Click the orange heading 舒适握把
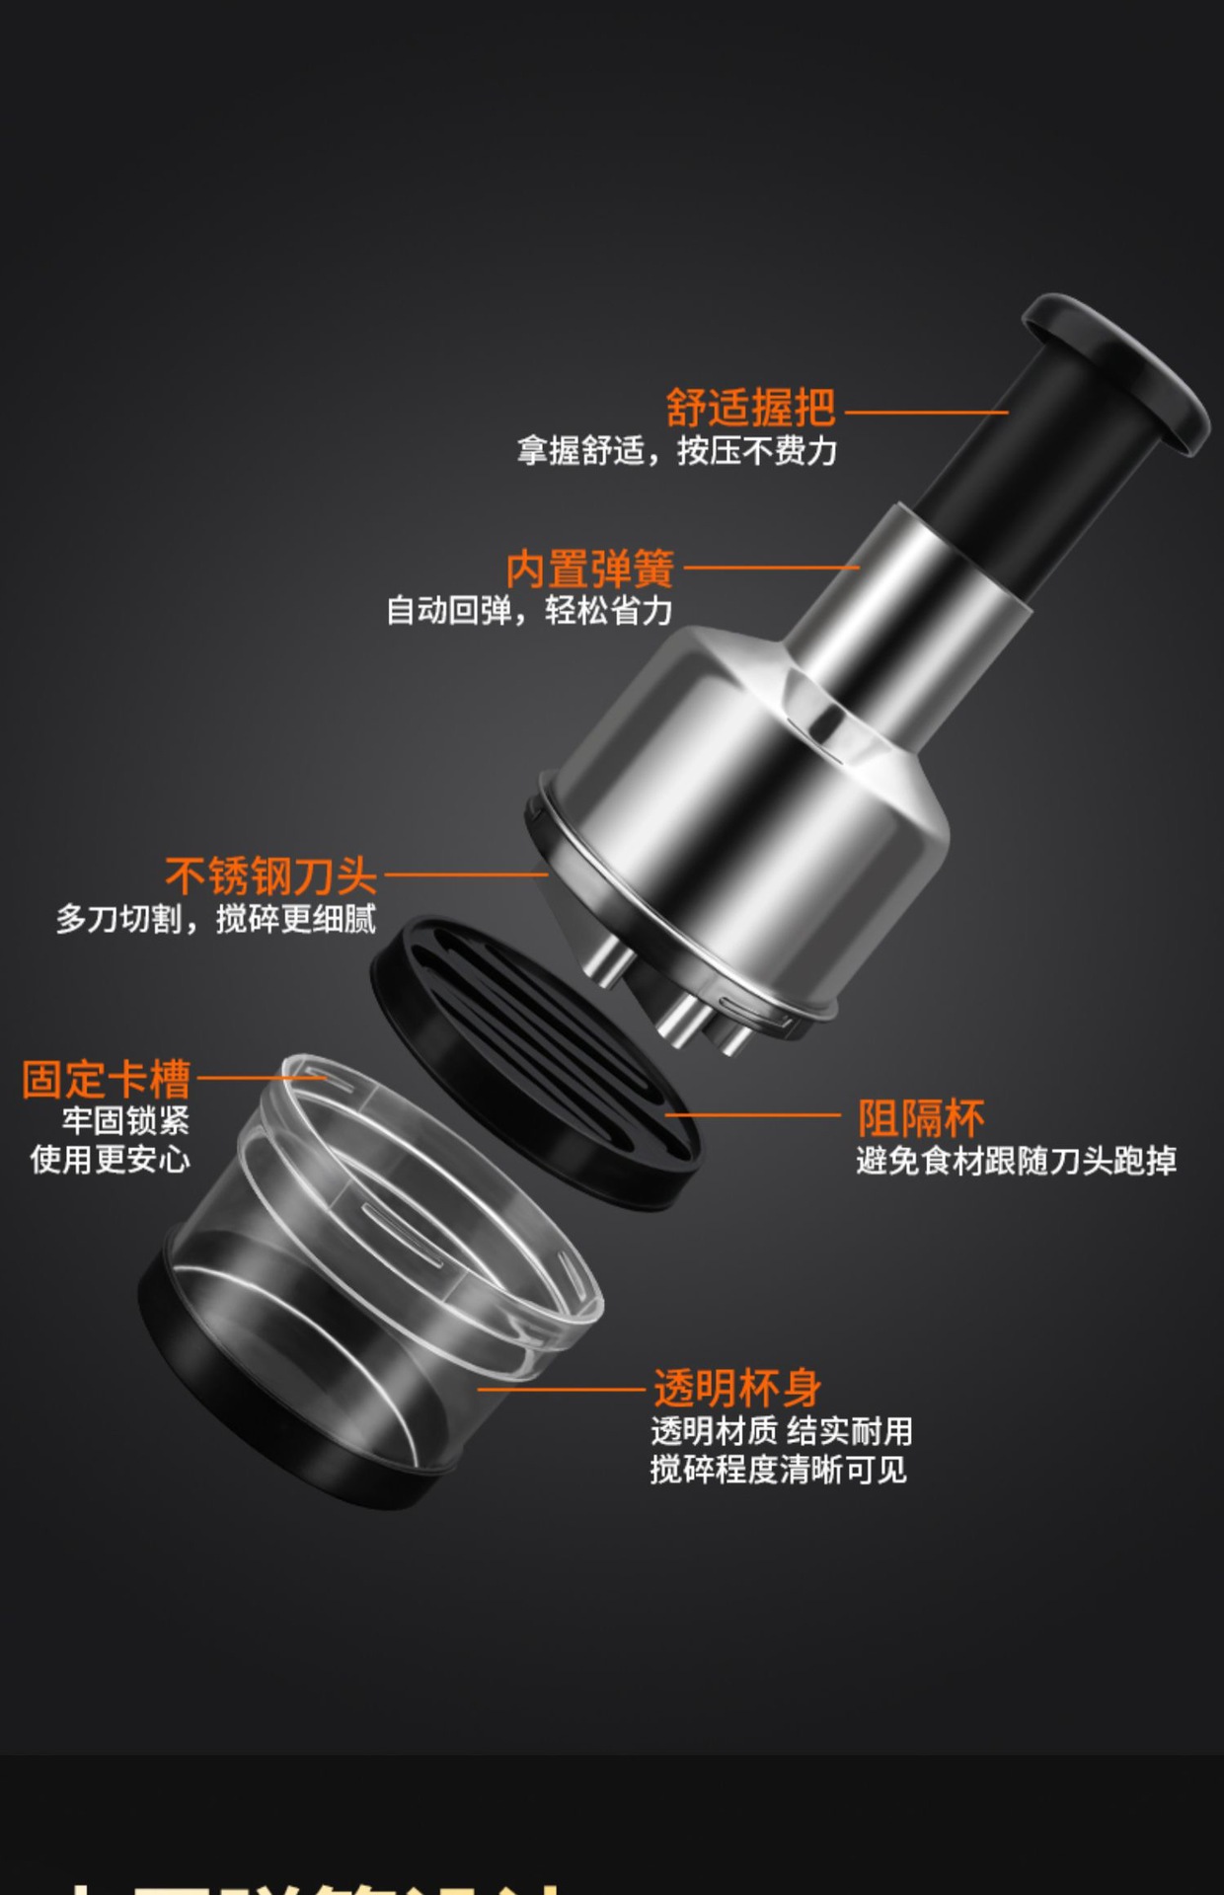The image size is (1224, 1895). point(750,407)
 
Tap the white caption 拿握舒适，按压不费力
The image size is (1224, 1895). point(677,451)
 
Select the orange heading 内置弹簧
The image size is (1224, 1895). point(589,568)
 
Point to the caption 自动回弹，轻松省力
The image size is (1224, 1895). point(529,610)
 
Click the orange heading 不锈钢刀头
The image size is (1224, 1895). point(270,875)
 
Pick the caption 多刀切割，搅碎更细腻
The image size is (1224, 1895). point(216,919)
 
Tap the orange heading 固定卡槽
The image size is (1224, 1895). point(107,1079)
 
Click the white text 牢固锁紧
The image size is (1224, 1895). point(125,1120)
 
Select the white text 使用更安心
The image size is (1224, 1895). point(110,1159)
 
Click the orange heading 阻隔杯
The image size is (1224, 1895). point(920,1118)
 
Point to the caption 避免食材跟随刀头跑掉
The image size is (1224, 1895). point(1016,1161)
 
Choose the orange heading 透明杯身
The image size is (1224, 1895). point(736,1388)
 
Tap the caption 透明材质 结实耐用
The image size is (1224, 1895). point(781,1430)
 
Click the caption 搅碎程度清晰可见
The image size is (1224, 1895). point(778,1470)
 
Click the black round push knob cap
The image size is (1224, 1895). point(1115,370)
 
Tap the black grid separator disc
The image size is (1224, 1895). point(538,1061)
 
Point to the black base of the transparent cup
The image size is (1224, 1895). point(296,1431)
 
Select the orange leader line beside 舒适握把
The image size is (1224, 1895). point(926,413)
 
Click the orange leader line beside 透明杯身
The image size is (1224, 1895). point(563,1389)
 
